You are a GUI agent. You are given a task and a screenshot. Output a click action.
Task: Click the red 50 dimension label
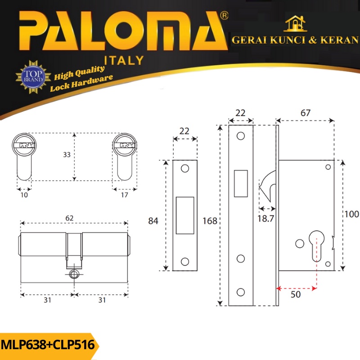[296, 294]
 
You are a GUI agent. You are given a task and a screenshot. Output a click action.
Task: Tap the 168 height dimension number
[210, 221]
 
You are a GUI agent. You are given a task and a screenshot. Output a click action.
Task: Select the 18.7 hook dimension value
[265, 218]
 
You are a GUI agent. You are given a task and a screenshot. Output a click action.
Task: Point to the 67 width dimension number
[306, 113]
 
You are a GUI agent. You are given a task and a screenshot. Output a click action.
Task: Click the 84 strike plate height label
[153, 221]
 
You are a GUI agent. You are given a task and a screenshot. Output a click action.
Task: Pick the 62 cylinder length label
[69, 218]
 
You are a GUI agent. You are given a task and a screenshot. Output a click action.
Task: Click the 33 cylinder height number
[67, 154]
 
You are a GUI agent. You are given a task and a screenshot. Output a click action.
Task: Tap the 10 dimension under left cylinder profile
[24, 195]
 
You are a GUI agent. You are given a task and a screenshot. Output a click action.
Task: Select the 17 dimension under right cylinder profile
[125, 195]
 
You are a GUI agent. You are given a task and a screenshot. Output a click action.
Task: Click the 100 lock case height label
[352, 214]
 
